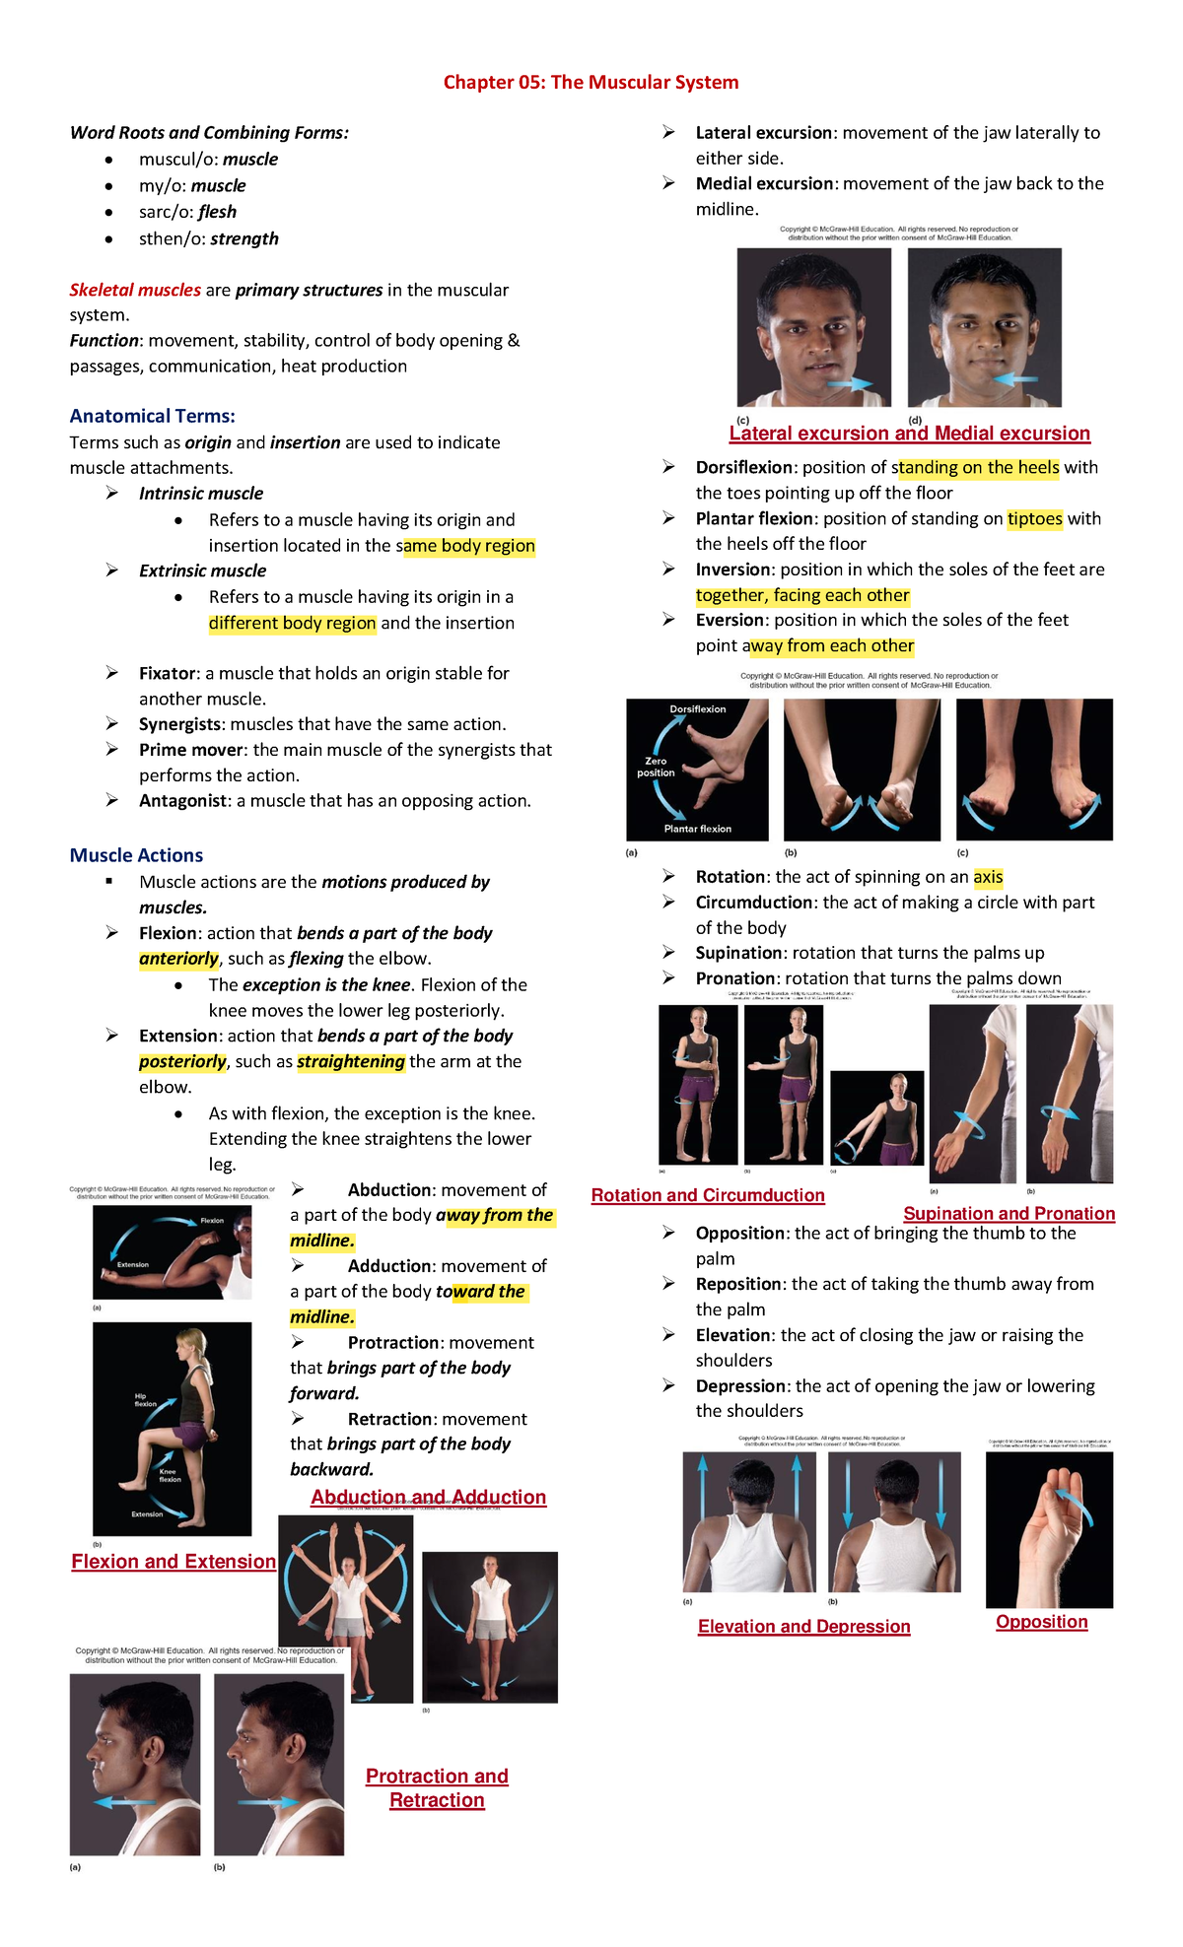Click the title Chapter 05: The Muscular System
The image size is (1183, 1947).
tap(591, 82)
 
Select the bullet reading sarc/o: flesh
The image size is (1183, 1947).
tap(187, 212)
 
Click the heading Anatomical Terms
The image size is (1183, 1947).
tap(152, 416)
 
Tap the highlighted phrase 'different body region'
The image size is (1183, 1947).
tap(292, 623)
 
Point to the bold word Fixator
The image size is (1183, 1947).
tap(168, 673)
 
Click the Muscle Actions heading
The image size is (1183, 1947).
tap(136, 855)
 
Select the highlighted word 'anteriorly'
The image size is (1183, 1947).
tap(178, 959)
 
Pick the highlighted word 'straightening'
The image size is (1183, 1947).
tap(350, 1061)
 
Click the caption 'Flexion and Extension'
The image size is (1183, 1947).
tap(174, 1562)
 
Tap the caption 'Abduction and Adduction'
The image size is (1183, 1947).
tap(428, 1497)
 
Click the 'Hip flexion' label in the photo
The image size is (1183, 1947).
tap(146, 1400)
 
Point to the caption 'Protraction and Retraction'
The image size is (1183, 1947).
tap(437, 1787)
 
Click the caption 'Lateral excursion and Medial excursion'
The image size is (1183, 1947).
tap(909, 434)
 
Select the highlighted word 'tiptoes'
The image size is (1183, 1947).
tap(1034, 518)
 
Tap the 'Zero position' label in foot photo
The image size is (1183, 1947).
tap(656, 767)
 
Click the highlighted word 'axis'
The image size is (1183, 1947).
tap(988, 877)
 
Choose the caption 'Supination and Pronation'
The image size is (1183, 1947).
tap(1009, 1214)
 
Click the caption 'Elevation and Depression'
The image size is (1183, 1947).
tap(803, 1627)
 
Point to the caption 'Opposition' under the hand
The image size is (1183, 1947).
tap(1041, 1622)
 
